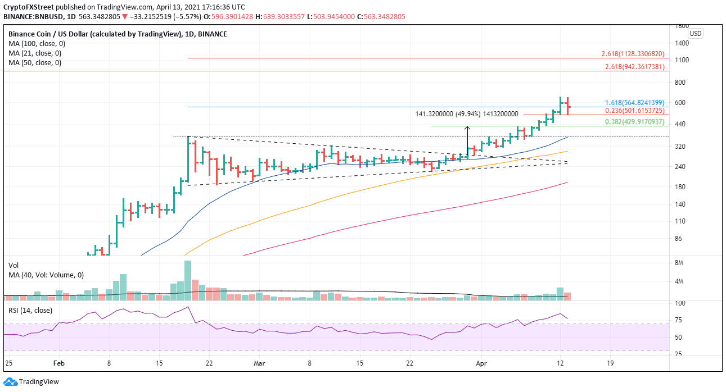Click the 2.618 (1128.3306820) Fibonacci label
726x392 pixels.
coord(633,54)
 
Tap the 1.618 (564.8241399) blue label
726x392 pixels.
coord(634,103)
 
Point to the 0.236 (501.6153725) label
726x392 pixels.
coord(634,111)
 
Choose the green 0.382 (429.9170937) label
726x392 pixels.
coord(634,122)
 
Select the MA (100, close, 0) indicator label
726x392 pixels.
coord(35,44)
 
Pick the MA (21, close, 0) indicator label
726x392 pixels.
coord(33,53)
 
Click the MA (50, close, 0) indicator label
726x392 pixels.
coord(33,63)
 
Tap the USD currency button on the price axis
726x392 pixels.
coord(696,34)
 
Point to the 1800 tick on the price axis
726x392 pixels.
coord(682,26)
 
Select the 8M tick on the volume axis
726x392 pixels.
coord(679,263)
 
